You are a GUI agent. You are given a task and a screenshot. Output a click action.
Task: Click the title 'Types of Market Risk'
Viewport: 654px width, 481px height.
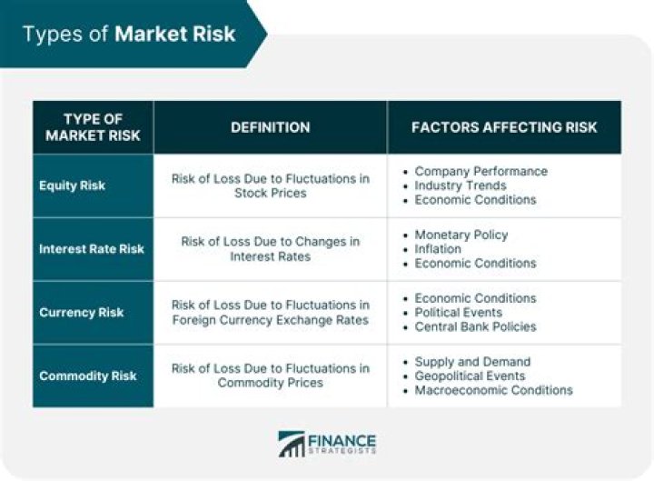[129, 35]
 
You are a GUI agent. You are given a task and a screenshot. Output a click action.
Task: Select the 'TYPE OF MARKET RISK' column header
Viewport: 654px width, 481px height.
[92, 127]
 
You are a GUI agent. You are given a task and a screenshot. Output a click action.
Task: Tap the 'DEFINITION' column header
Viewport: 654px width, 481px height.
[270, 127]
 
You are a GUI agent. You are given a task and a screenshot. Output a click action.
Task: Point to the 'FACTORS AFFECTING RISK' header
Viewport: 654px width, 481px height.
[504, 127]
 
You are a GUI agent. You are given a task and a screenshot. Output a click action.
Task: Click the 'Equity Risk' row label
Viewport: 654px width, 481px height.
[72, 185]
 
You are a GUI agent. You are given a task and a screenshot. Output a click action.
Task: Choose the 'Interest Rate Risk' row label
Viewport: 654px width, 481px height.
[91, 249]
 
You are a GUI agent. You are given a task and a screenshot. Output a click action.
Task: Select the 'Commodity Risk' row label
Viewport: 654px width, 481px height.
[87, 376]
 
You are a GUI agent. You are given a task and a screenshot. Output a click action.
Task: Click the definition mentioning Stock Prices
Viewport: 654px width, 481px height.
[270, 185]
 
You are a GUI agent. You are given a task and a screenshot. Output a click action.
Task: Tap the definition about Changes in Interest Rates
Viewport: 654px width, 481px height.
[270, 249]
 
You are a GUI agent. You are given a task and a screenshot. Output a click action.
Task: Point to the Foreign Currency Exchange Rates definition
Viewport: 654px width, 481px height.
[270, 312]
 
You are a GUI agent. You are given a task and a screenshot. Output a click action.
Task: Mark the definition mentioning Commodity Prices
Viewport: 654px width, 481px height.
[270, 376]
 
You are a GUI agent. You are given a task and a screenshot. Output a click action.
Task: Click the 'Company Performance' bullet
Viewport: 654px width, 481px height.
[481, 171]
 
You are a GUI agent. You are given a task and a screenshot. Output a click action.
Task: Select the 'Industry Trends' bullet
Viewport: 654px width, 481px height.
[461, 185]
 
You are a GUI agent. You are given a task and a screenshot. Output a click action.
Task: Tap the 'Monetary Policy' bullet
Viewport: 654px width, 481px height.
[461, 235]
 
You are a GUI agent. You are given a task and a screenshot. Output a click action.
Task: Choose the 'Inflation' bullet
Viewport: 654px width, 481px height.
[438, 249]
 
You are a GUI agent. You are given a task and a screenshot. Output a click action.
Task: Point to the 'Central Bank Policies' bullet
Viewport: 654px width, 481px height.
[475, 326]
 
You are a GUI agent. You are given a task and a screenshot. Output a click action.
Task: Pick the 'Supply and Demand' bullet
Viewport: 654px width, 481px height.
[472, 362]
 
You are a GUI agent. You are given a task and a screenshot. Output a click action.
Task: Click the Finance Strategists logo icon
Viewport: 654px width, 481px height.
[292, 445]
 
